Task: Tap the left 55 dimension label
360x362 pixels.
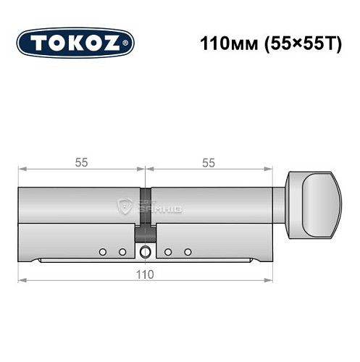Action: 81,163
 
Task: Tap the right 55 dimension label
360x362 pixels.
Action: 208,163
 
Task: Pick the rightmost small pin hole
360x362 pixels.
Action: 188,252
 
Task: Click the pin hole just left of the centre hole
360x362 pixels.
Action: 122,252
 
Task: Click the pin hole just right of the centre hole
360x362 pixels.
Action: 168,252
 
